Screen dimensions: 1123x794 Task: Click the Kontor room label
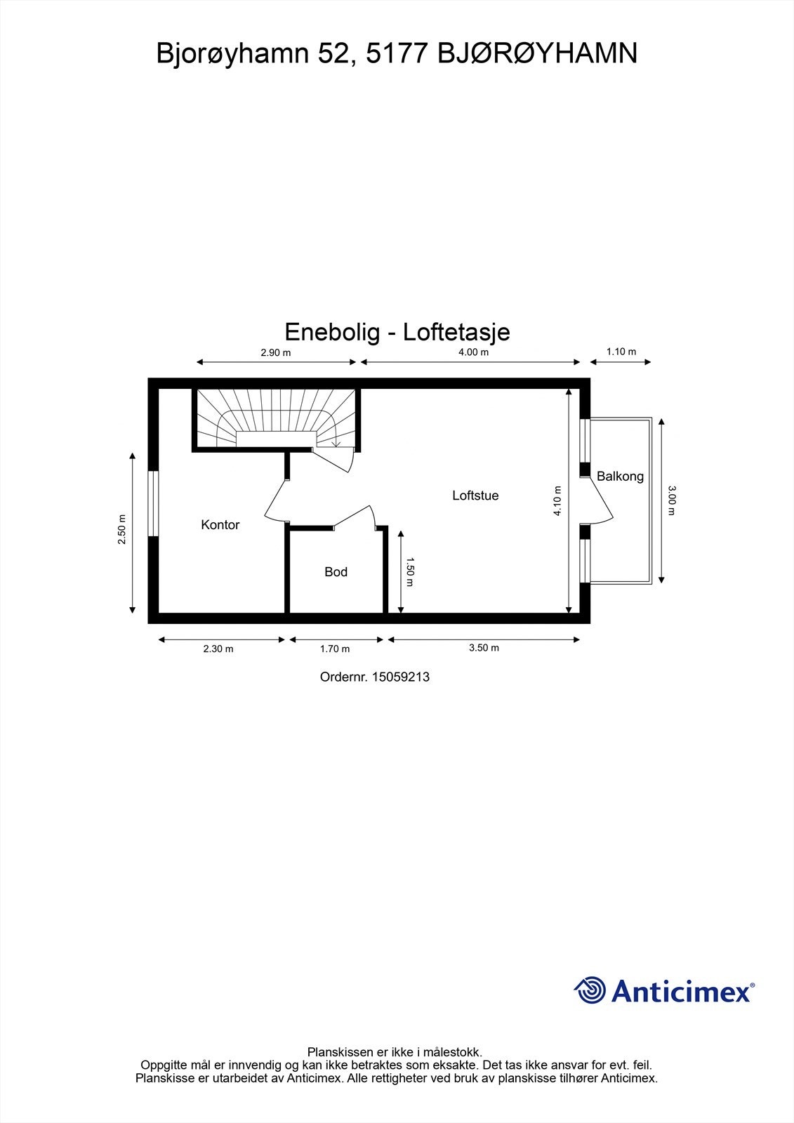220,525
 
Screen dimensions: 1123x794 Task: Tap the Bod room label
336,572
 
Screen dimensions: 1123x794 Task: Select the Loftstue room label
475,496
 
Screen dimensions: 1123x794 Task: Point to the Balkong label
620,477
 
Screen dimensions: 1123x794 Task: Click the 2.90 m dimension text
275,353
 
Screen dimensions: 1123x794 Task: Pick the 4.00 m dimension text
473,352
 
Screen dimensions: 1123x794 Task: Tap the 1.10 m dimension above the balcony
621,352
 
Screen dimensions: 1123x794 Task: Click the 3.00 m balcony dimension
672,500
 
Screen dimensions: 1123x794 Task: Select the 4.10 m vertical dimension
558,501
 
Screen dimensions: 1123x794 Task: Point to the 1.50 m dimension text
411,572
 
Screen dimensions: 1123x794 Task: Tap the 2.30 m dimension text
218,649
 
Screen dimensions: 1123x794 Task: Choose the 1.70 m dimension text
335,649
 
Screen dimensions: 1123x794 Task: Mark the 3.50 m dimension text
484,648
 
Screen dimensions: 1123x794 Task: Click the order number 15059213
400,677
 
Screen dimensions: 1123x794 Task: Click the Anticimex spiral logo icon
590,990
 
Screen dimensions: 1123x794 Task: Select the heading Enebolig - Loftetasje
397,332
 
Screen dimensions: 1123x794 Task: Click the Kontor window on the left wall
152,504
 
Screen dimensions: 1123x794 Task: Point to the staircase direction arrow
336,441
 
